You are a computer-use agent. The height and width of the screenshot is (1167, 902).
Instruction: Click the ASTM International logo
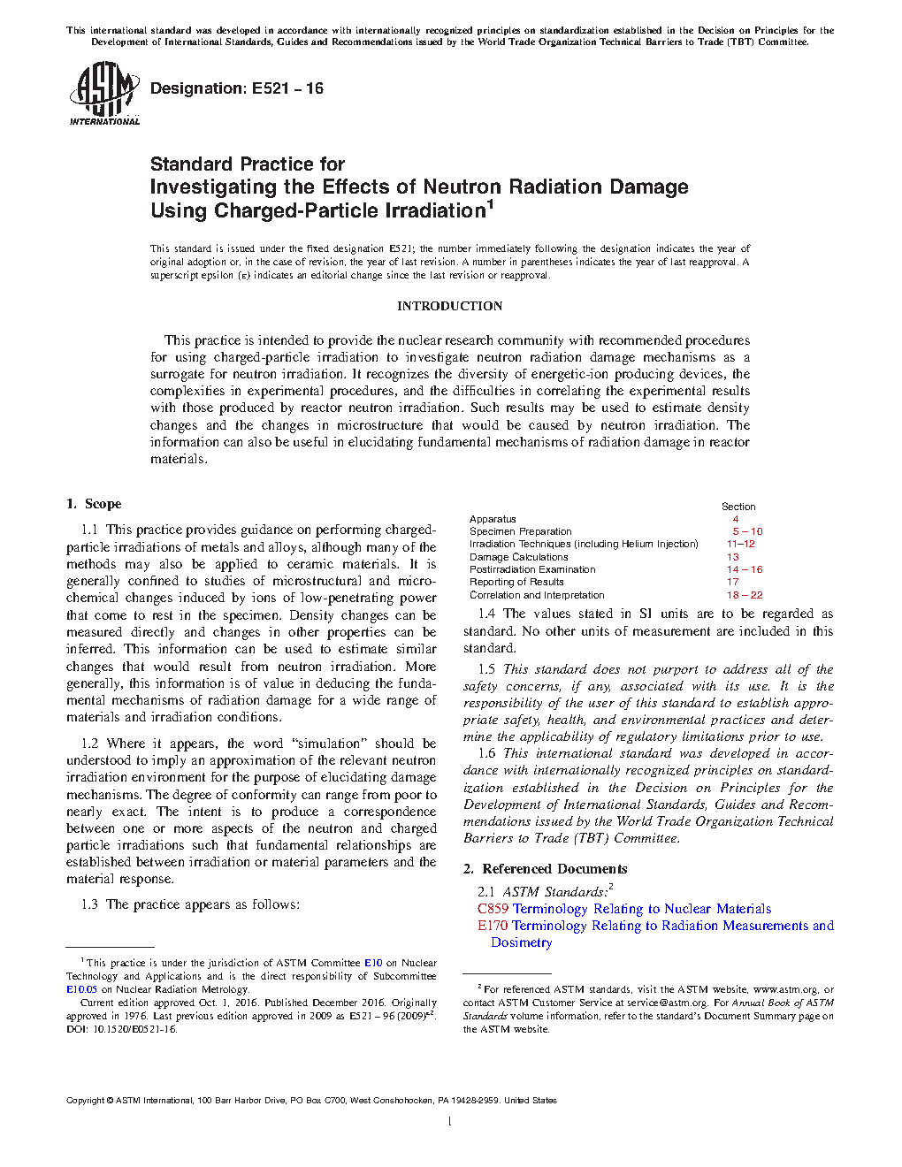(x=104, y=93)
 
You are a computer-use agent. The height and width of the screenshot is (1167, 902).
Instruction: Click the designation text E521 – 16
(x=237, y=88)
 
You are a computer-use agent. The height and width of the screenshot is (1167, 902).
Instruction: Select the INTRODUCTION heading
(x=449, y=306)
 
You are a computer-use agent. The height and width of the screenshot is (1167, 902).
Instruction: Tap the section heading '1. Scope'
(x=94, y=504)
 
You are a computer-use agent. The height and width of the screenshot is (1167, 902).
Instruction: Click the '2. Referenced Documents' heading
(x=546, y=869)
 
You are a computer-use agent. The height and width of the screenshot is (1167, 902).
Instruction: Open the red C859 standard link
(x=493, y=909)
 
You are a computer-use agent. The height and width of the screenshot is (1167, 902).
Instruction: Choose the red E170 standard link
(x=493, y=926)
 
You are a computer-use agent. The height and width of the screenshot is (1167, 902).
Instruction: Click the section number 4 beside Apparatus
(x=735, y=519)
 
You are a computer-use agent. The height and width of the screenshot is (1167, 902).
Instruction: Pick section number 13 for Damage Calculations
(x=732, y=557)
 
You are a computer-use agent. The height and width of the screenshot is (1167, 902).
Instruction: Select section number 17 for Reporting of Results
(x=732, y=582)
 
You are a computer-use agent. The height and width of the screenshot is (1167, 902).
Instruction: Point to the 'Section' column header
(x=738, y=507)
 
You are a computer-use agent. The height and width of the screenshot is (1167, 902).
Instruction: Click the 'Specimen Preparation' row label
(x=520, y=531)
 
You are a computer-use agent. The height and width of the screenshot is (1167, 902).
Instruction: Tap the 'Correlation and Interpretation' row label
(x=537, y=595)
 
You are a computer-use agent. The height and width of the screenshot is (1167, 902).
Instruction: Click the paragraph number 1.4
(x=486, y=614)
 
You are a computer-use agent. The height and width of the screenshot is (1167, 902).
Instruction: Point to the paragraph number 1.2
(x=89, y=744)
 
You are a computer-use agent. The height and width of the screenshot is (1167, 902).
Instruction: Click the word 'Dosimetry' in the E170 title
(x=522, y=942)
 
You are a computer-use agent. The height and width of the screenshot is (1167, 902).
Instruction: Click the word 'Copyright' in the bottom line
(x=85, y=1101)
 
